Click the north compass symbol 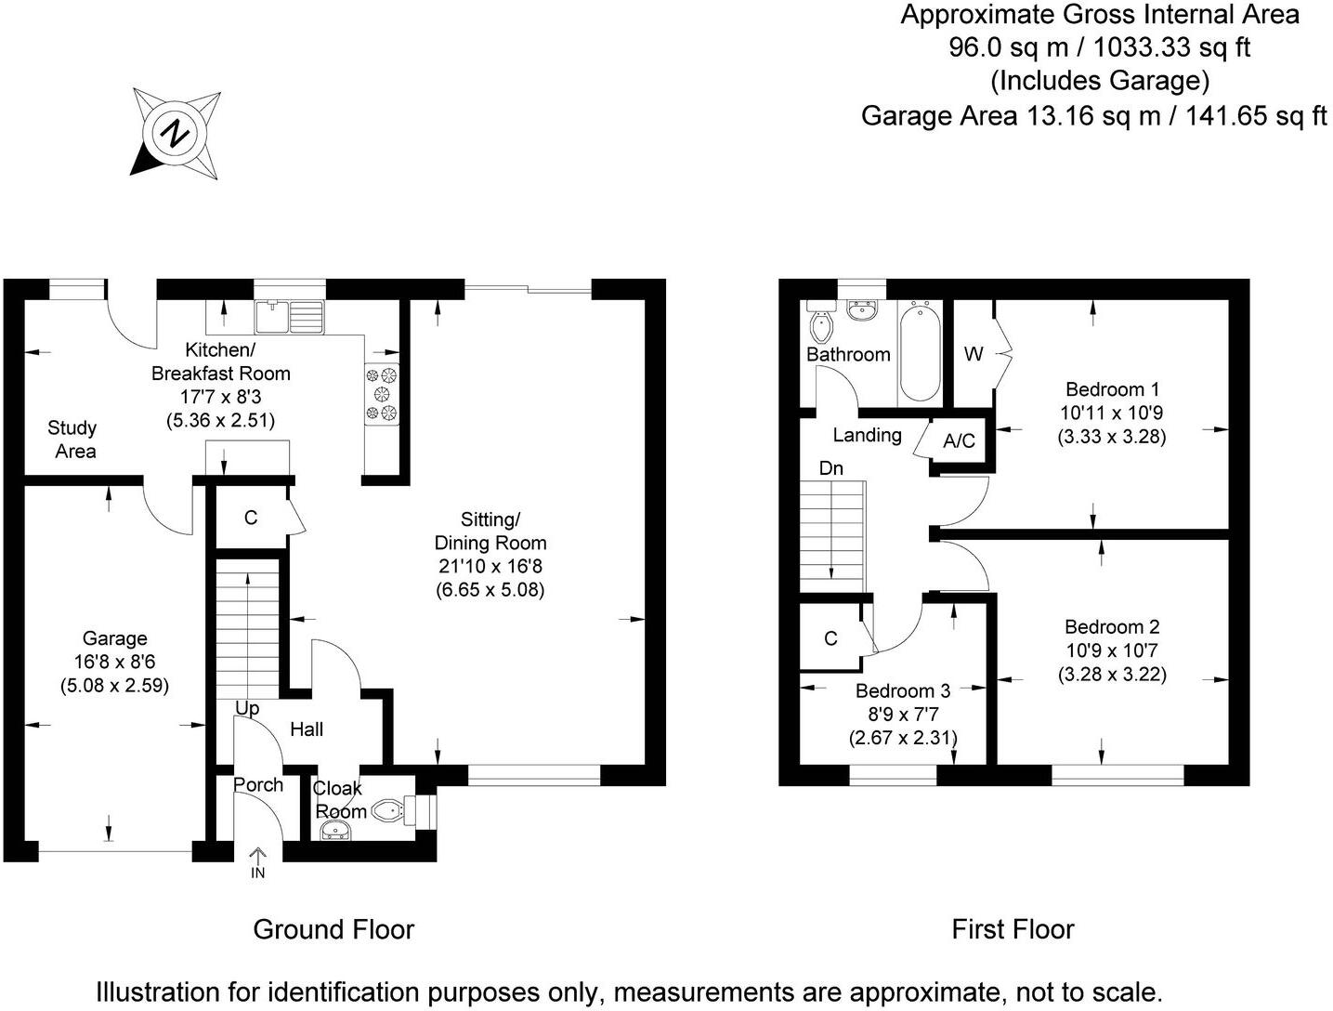coord(176,133)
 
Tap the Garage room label coord(114,638)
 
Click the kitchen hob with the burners coord(383,394)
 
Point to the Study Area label coord(72,440)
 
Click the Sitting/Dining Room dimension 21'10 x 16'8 coord(490,566)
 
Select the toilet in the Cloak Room coord(388,812)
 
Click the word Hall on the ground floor coord(307,729)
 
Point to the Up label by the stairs coord(247,708)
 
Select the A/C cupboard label coord(959,440)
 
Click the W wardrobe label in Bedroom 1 coord(973,354)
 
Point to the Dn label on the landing coord(830,468)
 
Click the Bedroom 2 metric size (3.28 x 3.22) coord(1112,675)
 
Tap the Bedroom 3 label coord(902,690)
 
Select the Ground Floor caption coord(333,929)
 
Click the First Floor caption coord(1013,929)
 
